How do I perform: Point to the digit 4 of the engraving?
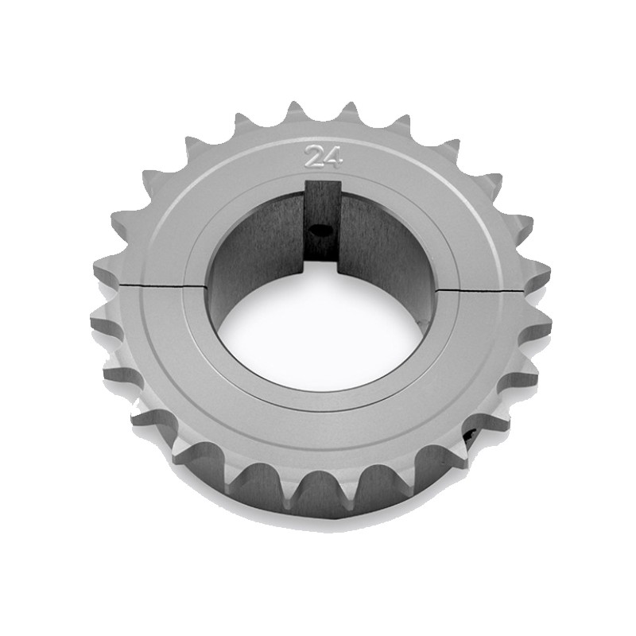click(333, 157)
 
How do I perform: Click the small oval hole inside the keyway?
click(322, 231)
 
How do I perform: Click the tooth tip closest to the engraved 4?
click(347, 110)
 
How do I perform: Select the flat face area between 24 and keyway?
click(323, 176)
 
